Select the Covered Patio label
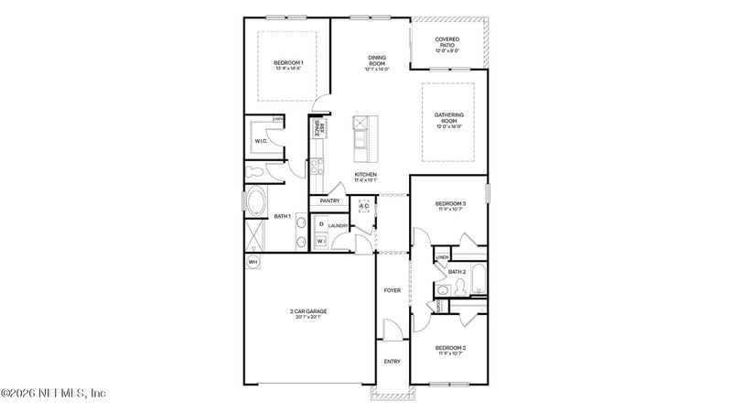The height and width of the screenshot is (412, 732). point(447,43)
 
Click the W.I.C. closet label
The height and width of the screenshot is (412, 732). point(260,140)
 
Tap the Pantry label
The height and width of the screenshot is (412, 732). point(330,201)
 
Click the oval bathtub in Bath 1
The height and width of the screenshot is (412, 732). point(255,201)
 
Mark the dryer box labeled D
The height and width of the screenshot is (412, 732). point(321,223)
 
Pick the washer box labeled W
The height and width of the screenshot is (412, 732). point(321,241)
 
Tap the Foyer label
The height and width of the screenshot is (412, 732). point(392,290)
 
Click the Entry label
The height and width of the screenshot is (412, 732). point(392,361)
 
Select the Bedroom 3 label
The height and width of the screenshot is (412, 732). point(450,205)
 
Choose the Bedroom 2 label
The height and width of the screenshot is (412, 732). point(450,350)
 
